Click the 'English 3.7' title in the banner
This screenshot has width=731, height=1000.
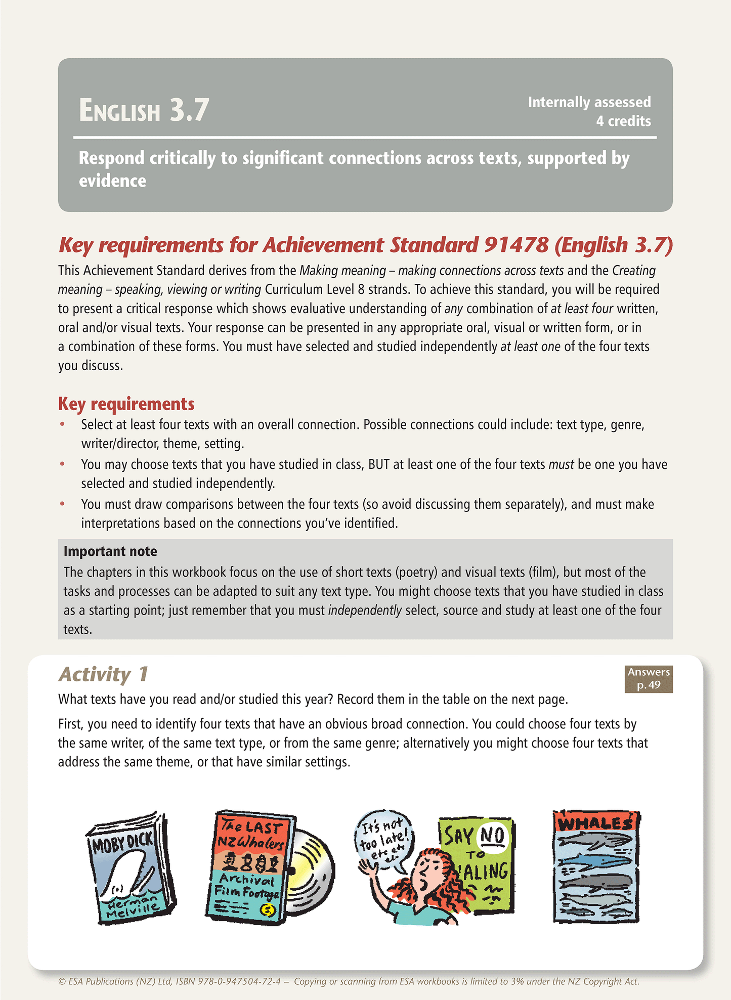point(144,110)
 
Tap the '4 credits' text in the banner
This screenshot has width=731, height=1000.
point(623,121)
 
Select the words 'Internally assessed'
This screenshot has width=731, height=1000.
point(589,102)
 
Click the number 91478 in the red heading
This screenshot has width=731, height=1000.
point(516,245)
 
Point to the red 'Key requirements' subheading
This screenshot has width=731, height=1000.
point(126,404)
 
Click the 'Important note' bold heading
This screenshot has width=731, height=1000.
point(110,551)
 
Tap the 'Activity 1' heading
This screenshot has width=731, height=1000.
point(104,674)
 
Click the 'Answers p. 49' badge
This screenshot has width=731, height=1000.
point(649,679)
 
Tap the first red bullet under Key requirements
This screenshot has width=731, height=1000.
point(62,424)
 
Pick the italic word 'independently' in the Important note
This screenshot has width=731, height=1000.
point(365,611)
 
